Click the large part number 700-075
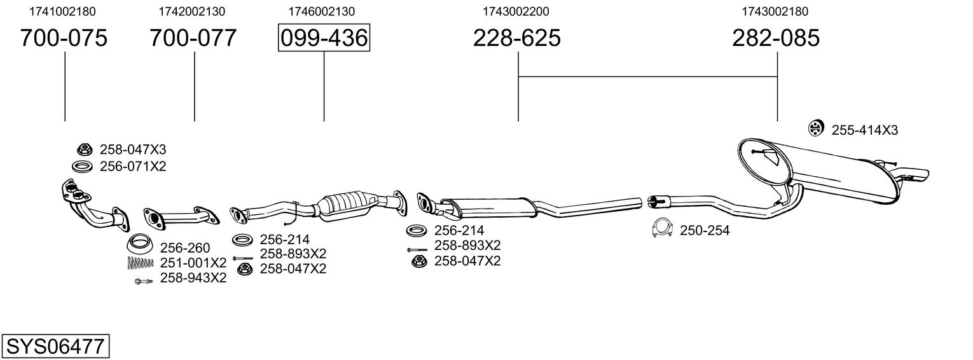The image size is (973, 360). pos(64,38)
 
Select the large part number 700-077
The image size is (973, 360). pos(193,38)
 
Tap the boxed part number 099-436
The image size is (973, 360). pos(324,38)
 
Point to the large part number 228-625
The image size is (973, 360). pos(517,38)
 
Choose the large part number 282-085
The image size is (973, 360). pos(776,38)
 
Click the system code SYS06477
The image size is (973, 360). pos(55,347)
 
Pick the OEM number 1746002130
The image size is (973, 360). pos(322,11)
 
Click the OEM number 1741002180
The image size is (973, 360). pos(63,11)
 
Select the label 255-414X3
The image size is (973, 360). pos(865,130)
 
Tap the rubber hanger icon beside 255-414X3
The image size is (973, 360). pos(815,128)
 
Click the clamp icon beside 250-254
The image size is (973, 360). pos(663,228)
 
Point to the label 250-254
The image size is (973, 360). pos(705,231)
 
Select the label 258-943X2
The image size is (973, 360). pos(193,278)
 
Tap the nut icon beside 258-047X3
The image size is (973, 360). pos(83,149)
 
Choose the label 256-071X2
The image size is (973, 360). pos(133,166)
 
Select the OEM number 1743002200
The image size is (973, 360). pos(516,11)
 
